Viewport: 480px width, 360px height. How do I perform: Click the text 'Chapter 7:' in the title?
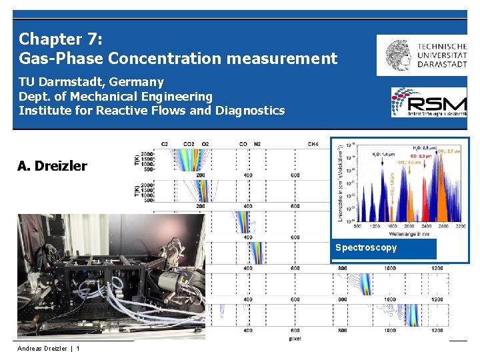click(x=60, y=39)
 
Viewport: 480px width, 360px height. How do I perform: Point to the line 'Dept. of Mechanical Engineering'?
click(x=115, y=96)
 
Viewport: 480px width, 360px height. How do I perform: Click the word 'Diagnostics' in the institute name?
click(x=250, y=110)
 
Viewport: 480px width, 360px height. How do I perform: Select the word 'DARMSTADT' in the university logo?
click(x=442, y=64)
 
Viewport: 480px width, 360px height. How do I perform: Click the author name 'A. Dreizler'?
click(x=52, y=166)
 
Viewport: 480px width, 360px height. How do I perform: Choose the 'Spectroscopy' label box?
click(x=383, y=248)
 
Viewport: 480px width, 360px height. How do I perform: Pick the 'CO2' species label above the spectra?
click(x=189, y=143)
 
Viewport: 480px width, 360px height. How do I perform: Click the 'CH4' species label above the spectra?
click(x=313, y=143)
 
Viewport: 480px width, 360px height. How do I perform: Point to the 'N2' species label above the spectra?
click(x=258, y=143)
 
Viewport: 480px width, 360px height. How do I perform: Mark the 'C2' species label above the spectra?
click(x=165, y=143)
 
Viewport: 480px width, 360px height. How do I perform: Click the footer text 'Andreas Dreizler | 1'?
click(x=49, y=348)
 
